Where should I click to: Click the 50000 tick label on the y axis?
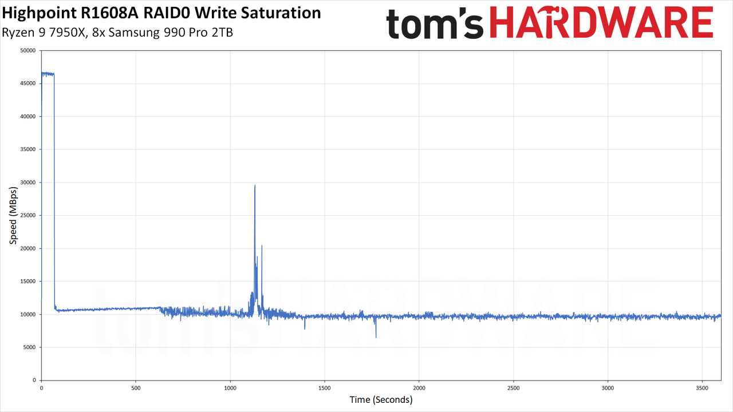tap(28, 50)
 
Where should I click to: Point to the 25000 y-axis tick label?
tap(28, 215)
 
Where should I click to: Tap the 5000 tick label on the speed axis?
tap(29, 347)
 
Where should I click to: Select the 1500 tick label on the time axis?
tap(324, 388)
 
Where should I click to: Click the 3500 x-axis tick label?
tap(702, 388)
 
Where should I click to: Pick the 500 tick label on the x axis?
tap(136, 388)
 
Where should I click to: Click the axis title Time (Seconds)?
tap(381, 400)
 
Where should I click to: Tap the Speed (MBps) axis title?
tap(13, 216)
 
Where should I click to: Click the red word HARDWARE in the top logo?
tap(601, 22)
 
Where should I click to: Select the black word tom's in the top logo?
tap(435, 23)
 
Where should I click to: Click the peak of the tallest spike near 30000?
tap(255, 185)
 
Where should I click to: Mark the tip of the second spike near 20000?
tap(262, 245)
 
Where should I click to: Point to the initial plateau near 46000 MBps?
tap(48, 74)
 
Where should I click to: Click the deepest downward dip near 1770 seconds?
tap(376, 337)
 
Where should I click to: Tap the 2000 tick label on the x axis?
tap(419, 388)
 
